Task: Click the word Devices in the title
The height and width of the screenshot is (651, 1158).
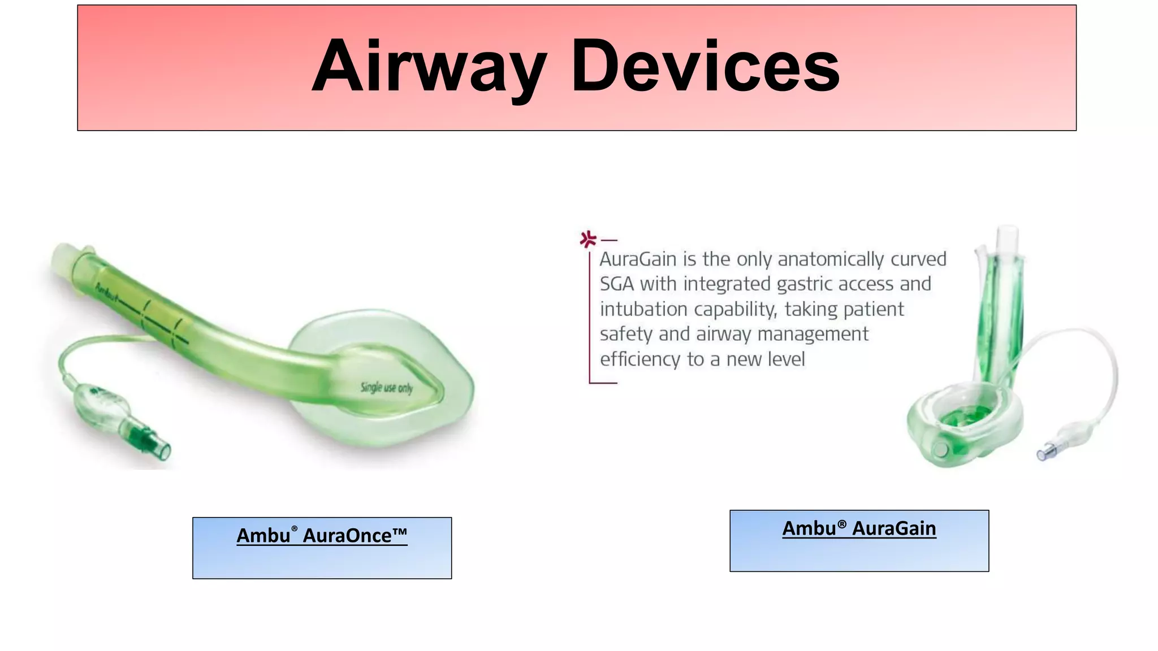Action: click(x=705, y=67)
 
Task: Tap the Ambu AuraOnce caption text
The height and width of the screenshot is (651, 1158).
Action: click(x=322, y=535)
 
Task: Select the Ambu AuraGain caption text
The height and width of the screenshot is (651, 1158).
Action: click(x=859, y=528)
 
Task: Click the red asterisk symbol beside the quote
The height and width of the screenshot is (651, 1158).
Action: click(x=588, y=240)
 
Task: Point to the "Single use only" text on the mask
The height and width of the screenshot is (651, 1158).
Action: click(x=387, y=388)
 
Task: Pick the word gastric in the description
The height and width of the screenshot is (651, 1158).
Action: click(x=805, y=284)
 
